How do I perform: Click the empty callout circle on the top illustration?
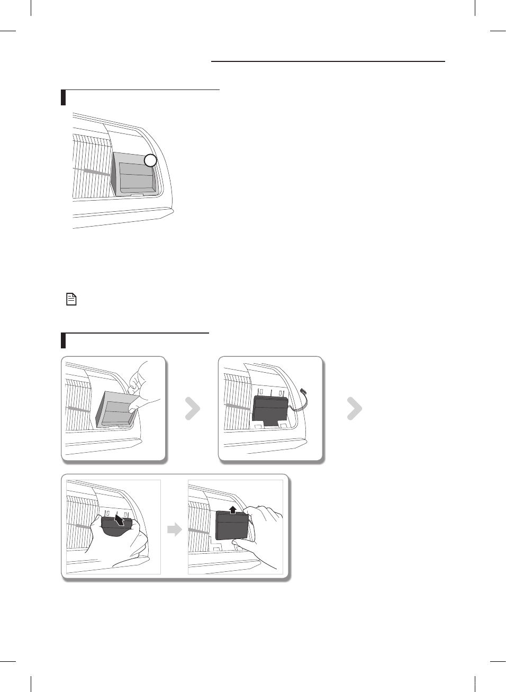pos(151,160)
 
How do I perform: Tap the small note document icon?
pos(71,299)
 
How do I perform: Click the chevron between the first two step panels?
pos(192,409)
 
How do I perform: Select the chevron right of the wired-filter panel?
pos(354,409)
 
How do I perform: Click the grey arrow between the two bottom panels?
pos(174,529)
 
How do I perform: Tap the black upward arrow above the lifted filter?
pos(233,510)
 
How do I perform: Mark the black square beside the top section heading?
pos(64,98)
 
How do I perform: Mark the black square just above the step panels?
pos(64,340)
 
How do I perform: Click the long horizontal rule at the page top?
pos(328,61)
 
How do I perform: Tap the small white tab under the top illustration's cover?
pos(137,195)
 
